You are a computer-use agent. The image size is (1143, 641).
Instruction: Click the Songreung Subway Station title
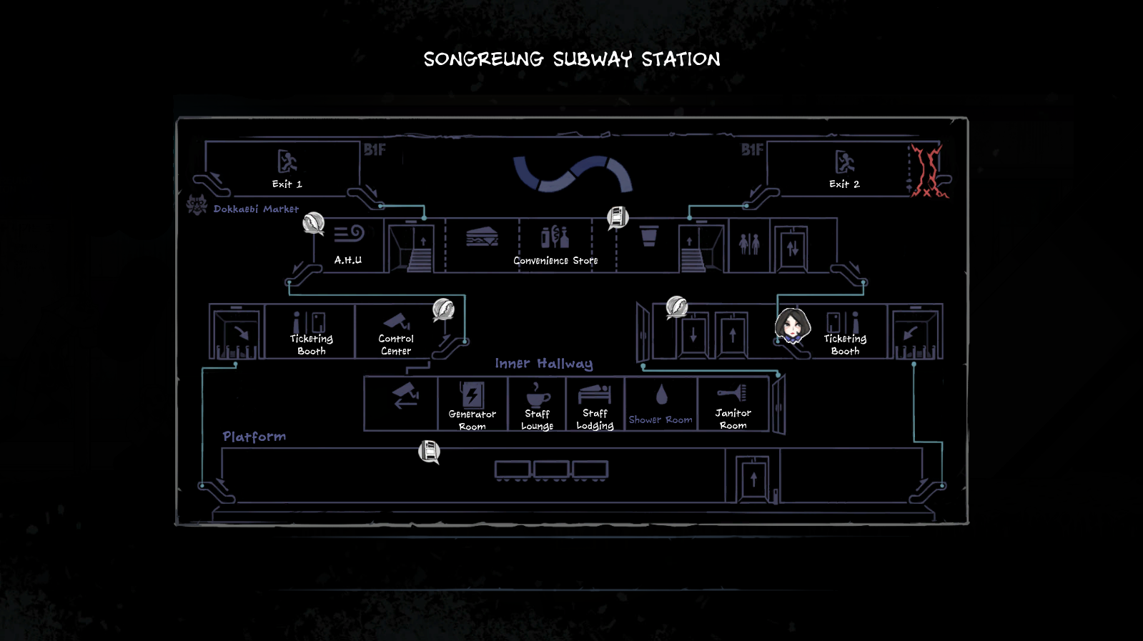tap(572, 59)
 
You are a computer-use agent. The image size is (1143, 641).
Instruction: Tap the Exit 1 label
tap(287, 184)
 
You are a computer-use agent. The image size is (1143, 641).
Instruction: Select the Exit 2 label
tap(844, 184)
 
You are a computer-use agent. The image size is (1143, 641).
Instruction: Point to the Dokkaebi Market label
tap(255, 209)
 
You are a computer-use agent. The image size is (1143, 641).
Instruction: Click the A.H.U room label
tap(348, 260)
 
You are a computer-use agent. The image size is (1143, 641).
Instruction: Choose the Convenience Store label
tap(555, 261)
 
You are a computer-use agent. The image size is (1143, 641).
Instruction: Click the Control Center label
tap(396, 344)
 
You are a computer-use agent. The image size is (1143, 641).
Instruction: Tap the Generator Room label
tap(472, 420)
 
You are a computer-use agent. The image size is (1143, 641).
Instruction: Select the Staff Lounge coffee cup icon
tap(537, 394)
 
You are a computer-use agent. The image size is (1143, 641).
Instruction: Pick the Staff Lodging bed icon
tap(595, 394)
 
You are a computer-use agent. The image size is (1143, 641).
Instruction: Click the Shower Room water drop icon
tap(661, 394)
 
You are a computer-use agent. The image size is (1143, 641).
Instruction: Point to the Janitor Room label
tap(733, 419)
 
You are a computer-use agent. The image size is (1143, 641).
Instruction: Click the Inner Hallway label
tap(544, 364)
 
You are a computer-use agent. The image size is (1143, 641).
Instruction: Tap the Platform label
tap(254, 437)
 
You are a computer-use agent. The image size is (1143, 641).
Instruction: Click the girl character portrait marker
tap(792, 326)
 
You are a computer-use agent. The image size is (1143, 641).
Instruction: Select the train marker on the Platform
tap(429, 452)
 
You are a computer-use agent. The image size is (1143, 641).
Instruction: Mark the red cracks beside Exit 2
tap(929, 172)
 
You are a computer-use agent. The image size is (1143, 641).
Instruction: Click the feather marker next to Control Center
tap(443, 309)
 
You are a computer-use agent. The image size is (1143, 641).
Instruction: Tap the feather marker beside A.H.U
tap(313, 224)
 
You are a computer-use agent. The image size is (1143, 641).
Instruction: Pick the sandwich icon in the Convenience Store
tap(482, 237)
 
